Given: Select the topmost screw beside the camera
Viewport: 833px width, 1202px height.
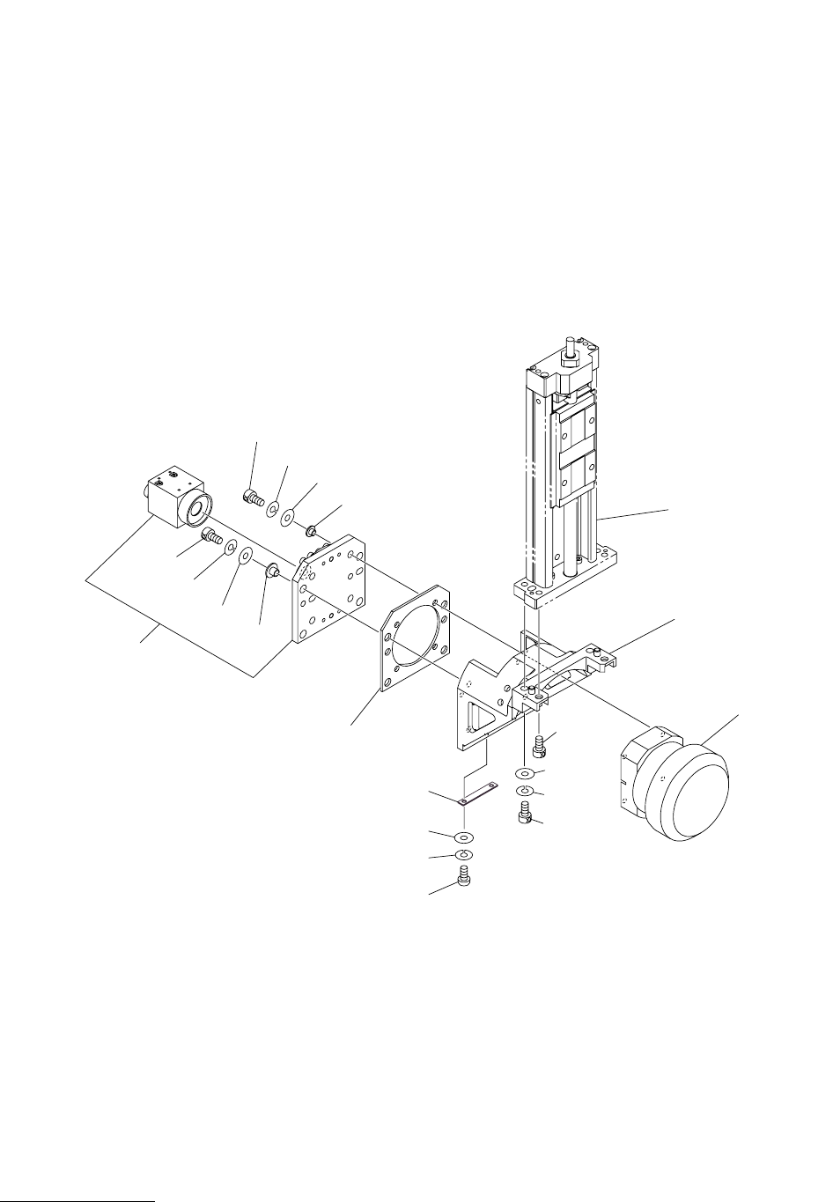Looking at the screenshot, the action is (x=253, y=499).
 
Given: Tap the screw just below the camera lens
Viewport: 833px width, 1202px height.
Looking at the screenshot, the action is (x=212, y=535).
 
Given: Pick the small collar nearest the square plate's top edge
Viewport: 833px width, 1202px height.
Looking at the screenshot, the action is (x=312, y=532).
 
